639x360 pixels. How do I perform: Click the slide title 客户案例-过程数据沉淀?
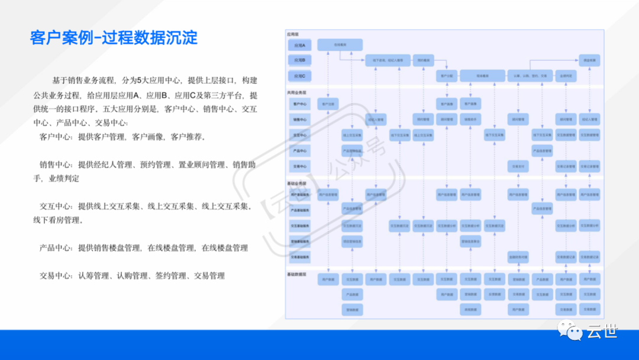[114, 38]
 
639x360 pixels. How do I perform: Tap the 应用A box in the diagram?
[299, 45]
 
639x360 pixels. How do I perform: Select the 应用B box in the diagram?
[299, 60]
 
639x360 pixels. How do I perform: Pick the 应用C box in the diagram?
[299, 76]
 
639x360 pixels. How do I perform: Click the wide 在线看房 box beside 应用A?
[340, 44]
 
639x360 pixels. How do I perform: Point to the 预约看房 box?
[423, 60]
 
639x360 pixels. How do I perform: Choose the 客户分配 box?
[447, 76]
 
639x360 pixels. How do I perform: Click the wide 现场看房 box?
[482, 76]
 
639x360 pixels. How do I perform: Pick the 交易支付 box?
[518, 167]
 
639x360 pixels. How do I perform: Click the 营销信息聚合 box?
[470, 241]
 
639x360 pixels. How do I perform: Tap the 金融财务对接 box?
[518, 257]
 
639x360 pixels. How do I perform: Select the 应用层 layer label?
[293, 34]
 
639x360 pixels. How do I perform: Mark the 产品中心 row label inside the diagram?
[299, 151]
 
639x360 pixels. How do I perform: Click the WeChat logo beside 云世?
[572, 330]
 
